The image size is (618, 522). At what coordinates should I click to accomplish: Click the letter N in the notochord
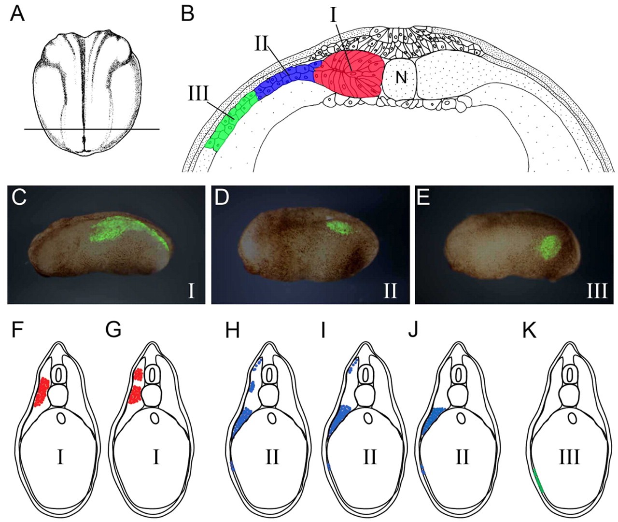pos(401,77)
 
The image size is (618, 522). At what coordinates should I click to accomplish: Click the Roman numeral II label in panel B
pos(262,44)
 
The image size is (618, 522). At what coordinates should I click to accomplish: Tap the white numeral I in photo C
pos(191,291)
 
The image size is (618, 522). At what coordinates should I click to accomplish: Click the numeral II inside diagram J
pos(462,456)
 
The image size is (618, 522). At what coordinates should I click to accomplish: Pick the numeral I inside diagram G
pos(155,456)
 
